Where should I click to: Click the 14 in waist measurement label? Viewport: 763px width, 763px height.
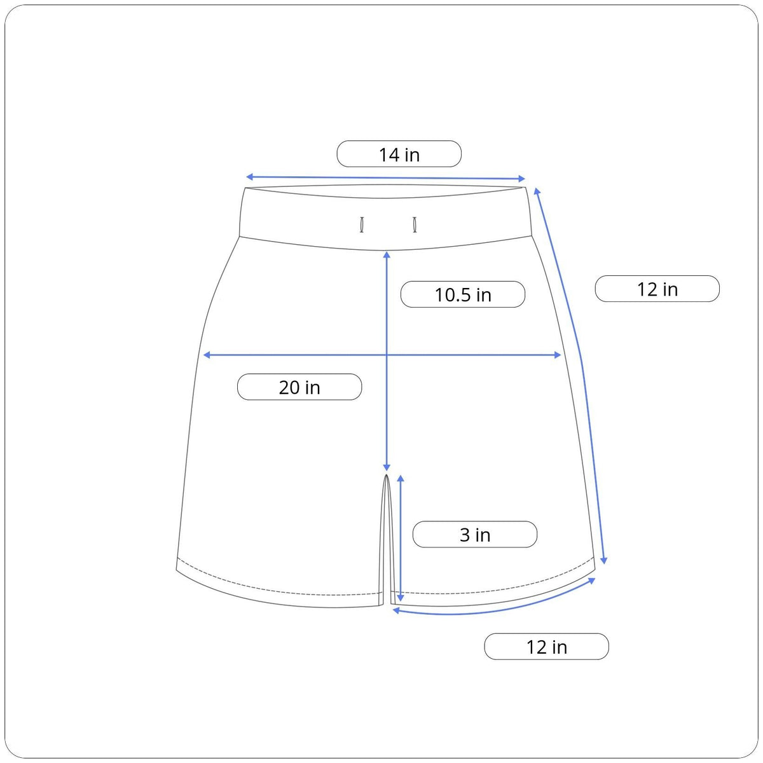(399, 154)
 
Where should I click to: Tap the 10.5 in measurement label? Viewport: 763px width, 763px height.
(462, 294)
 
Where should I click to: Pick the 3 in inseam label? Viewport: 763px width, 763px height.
(475, 535)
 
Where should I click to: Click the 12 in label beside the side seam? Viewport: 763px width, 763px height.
(657, 289)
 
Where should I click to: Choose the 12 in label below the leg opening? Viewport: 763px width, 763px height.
(546, 647)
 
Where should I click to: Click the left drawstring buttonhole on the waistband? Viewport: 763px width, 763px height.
(362, 224)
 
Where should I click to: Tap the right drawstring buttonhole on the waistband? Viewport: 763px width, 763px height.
(415, 224)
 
